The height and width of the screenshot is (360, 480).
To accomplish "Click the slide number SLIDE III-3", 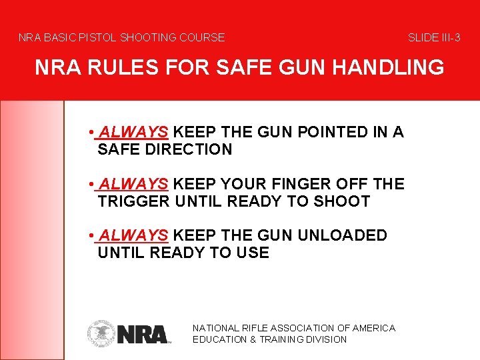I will pos(434,38).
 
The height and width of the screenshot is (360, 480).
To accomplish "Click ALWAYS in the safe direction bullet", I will pos(133,132).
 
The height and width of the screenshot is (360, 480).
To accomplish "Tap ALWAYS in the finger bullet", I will pos(133,184).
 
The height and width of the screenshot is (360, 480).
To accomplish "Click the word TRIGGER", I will pos(133,201).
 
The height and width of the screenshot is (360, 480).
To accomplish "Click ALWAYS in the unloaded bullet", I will pos(133,235).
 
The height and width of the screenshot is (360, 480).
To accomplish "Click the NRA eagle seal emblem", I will pos(101,333).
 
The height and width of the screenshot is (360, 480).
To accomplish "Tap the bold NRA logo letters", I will pos(142,333).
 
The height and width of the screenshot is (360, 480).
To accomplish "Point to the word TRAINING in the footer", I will pos(287,339).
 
